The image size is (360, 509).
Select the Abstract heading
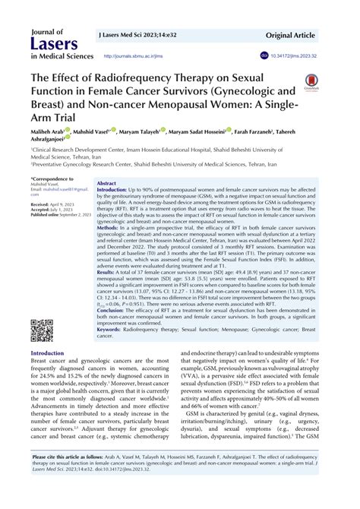coord(107,183)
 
